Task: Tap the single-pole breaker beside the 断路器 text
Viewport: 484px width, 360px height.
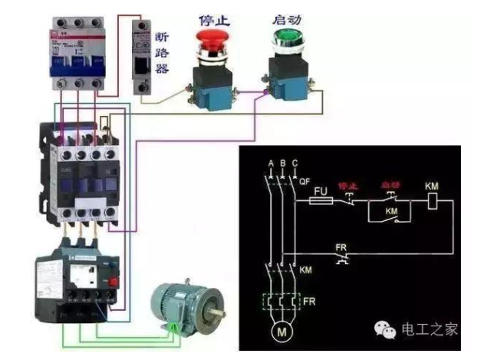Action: (142, 58)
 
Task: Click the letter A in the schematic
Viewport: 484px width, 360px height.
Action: (271, 163)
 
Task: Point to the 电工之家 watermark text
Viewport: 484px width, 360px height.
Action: (429, 329)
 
